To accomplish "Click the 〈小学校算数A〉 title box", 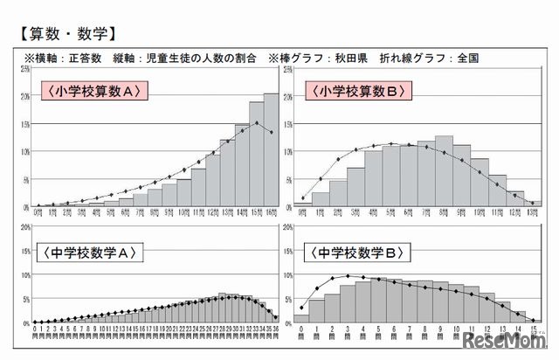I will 93,92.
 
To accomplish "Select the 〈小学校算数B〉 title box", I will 351,92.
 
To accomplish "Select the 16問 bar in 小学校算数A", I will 271,149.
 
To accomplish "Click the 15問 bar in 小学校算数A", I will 256,154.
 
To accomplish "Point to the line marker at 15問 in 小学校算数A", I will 256,123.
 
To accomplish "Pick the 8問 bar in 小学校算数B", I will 444,171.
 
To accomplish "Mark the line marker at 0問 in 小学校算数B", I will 303,197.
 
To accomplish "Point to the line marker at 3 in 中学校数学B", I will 349,276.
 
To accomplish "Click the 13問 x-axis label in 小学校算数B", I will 533,211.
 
